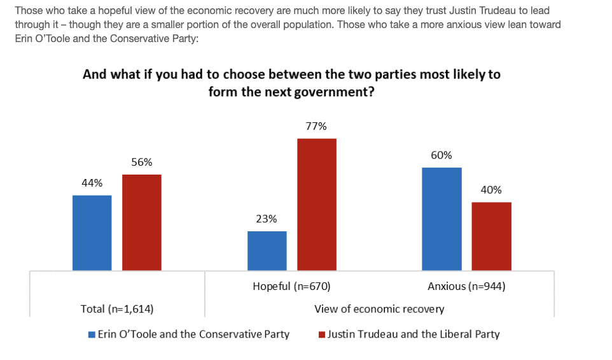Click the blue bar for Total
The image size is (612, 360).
point(92,233)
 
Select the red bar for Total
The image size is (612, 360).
point(141,222)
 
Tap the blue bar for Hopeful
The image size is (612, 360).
point(267,250)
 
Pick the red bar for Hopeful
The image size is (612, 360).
point(316,205)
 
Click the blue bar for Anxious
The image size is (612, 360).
point(442,219)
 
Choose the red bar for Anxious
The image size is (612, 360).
point(491,236)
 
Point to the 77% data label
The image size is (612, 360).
point(316,127)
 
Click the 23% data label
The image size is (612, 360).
point(267,219)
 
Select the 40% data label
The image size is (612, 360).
point(491,190)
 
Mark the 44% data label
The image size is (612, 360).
point(92,184)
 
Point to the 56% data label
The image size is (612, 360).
point(141,162)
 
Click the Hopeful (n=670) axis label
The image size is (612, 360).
point(291,286)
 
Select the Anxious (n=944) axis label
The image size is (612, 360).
point(466,286)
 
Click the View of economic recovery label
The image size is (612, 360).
point(379,309)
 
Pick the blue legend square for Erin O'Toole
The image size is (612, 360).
point(92,335)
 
